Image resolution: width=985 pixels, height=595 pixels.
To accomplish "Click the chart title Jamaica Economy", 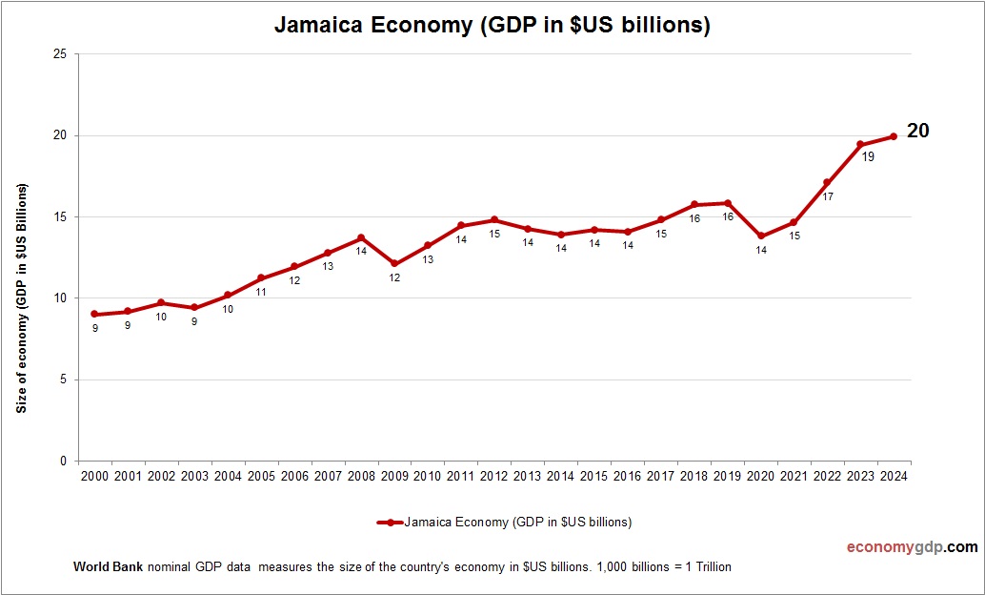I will [492, 26].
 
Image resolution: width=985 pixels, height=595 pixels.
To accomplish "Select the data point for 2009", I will [394, 263].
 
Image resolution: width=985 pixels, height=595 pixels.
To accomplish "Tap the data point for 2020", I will [760, 236].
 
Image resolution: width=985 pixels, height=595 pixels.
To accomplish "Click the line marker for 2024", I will [893, 136].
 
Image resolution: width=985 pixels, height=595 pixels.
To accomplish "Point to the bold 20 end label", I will [917, 132].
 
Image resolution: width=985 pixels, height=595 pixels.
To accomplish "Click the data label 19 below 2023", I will [868, 156].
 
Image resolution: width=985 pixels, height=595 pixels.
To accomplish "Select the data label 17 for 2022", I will [828, 196].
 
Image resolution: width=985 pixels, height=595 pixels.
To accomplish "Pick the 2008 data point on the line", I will [361, 237].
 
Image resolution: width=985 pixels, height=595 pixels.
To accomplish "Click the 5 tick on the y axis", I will [63, 380].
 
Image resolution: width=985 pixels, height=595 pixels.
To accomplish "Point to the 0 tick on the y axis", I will [63, 462].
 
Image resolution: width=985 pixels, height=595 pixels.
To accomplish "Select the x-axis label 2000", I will [94, 476].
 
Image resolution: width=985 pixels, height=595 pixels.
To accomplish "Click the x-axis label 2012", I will [493, 476].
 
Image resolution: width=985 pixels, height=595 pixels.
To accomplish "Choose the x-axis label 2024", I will [893, 476].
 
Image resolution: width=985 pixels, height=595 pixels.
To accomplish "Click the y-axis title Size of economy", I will [21, 297].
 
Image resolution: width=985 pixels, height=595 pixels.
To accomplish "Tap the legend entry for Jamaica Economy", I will [505, 522].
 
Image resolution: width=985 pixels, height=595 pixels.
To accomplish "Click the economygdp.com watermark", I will [912, 547].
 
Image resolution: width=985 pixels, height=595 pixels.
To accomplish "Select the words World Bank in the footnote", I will [108, 566].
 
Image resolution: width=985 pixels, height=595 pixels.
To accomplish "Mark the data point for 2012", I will [493, 220].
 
